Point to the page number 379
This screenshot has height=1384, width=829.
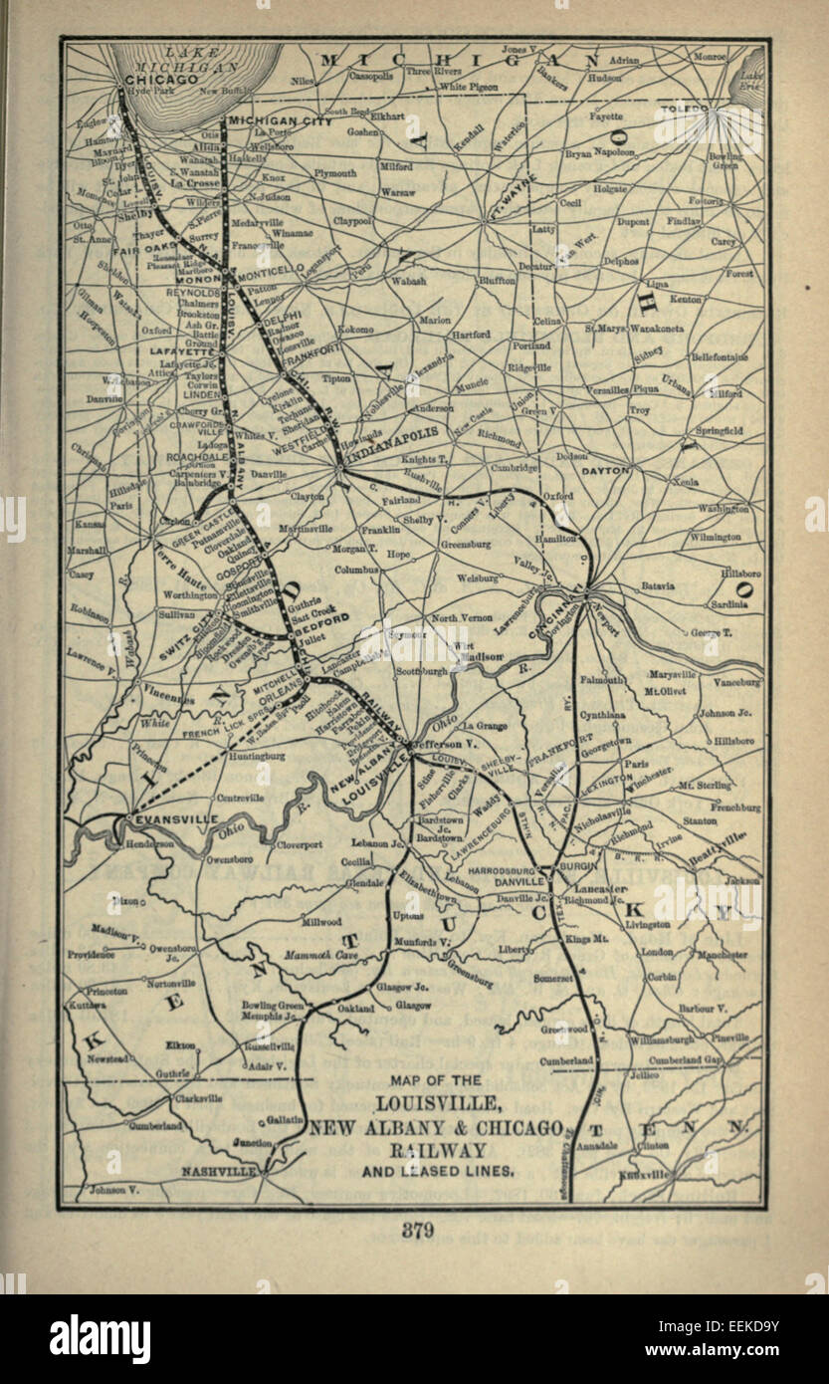point(418,1231)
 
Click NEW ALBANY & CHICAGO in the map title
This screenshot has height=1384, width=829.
point(435,1126)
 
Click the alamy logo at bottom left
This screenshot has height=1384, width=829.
point(100,1337)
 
